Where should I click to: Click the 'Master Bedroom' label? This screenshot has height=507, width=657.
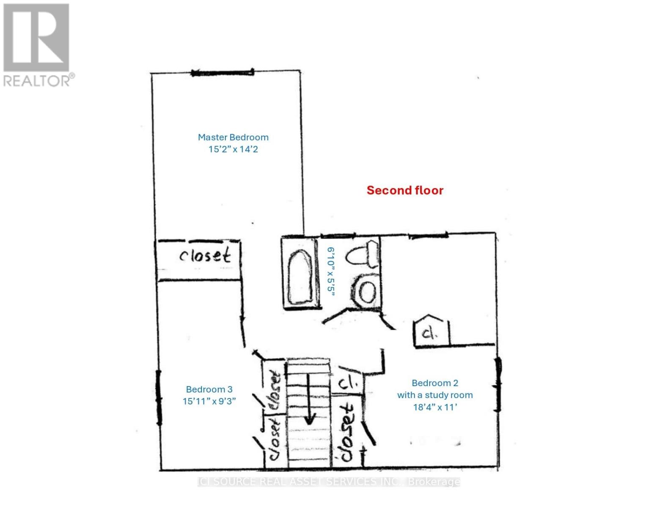(233, 137)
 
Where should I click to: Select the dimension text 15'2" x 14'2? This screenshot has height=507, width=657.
(233, 149)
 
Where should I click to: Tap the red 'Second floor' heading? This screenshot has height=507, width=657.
(405, 191)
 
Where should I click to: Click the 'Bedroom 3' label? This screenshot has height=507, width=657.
(209, 390)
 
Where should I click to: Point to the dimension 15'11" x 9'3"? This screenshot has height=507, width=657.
(209, 401)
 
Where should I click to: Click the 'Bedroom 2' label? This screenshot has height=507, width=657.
(435, 383)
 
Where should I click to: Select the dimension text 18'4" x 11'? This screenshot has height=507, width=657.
(435, 407)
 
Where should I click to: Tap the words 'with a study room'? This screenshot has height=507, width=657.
(435, 395)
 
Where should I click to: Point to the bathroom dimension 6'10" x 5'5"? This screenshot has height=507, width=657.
(331, 272)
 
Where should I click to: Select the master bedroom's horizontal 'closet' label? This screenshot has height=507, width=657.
(205, 256)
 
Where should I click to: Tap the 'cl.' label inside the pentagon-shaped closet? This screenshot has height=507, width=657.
(430, 334)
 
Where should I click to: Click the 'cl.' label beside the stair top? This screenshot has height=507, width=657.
(349, 384)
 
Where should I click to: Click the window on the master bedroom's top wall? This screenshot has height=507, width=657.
(222, 73)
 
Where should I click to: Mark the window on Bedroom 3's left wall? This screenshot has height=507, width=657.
(159, 397)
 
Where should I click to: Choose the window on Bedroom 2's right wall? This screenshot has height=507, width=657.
(498, 384)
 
